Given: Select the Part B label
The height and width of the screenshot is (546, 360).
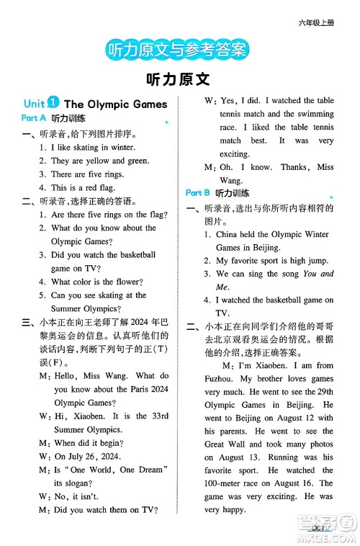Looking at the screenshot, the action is (198, 192).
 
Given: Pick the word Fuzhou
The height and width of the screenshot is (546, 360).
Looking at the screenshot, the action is (222, 379).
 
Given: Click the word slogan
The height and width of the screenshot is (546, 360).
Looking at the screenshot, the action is (68, 483).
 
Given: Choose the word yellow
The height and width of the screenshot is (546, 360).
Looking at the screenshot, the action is (98, 161).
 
